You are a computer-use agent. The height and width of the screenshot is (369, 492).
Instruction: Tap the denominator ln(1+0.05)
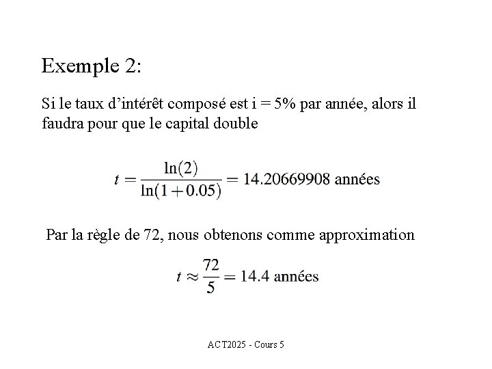tap(181, 191)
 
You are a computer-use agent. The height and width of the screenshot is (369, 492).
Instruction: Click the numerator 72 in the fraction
tap(210, 264)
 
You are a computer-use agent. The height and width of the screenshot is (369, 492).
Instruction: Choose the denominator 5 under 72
tap(210, 288)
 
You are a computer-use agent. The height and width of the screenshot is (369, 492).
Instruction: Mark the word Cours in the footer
tap(265, 344)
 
